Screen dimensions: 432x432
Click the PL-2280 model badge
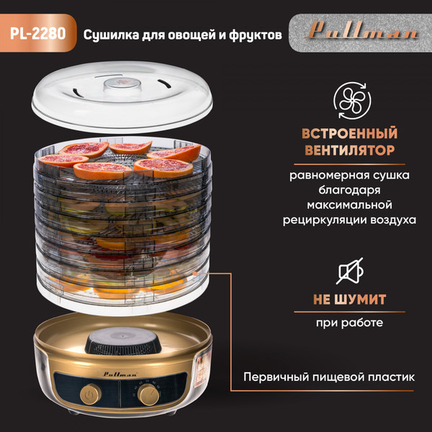37,34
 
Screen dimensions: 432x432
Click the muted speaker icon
353,271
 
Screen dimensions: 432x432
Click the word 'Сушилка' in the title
109,34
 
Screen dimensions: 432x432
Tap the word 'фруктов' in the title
250,34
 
